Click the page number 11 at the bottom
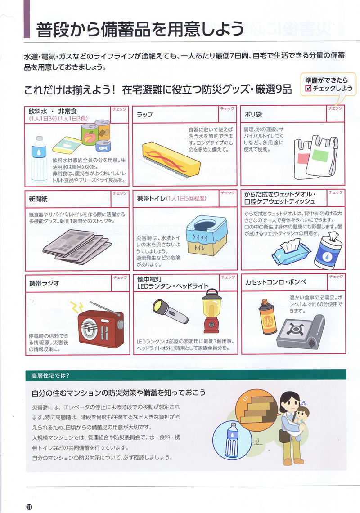[29, 506]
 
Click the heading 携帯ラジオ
[44, 283]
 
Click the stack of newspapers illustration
[76, 243]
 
